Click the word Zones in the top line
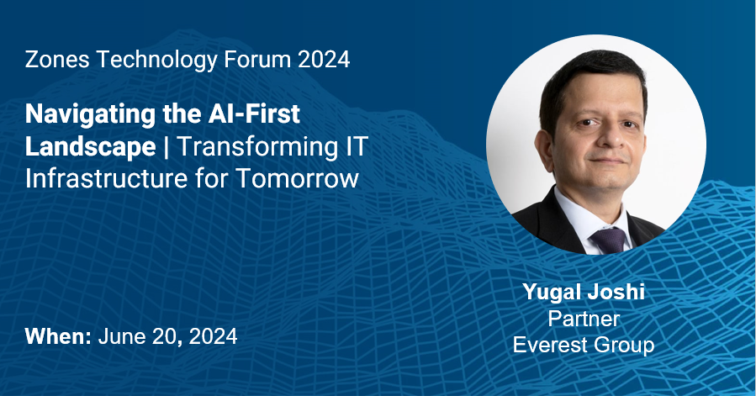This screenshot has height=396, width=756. pyautogui.click(x=57, y=60)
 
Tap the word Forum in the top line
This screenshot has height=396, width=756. pyautogui.click(x=257, y=60)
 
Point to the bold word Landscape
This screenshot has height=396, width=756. pyautogui.click(x=91, y=146)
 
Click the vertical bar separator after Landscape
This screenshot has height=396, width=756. pyautogui.click(x=167, y=147)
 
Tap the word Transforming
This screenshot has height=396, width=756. pyautogui.click(x=257, y=146)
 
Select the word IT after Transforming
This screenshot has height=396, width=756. pyautogui.click(x=357, y=146)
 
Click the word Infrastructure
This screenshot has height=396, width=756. pyautogui.click(x=106, y=178)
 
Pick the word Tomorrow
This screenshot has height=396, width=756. pyautogui.click(x=297, y=178)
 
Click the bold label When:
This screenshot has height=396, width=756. pyautogui.click(x=58, y=336)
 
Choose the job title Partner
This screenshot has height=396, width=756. pyautogui.click(x=584, y=319)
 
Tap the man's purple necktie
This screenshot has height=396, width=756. pyautogui.click(x=610, y=240)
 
